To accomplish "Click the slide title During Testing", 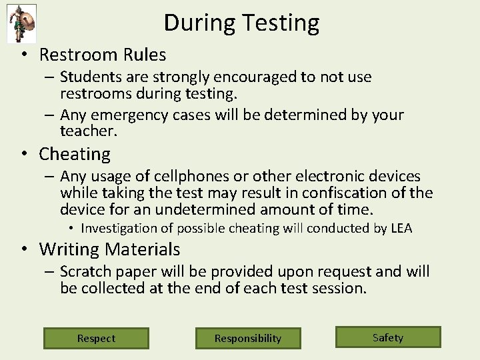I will click(x=241, y=23).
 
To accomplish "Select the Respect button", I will click(x=96, y=338).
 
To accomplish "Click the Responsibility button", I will click(x=248, y=338).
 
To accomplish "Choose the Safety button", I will click(x=388, y=337).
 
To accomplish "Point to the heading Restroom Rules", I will click(x=102, y=54).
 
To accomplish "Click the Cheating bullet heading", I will click(x=75, y=154).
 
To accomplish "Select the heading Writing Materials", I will click(x=109, y=249).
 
